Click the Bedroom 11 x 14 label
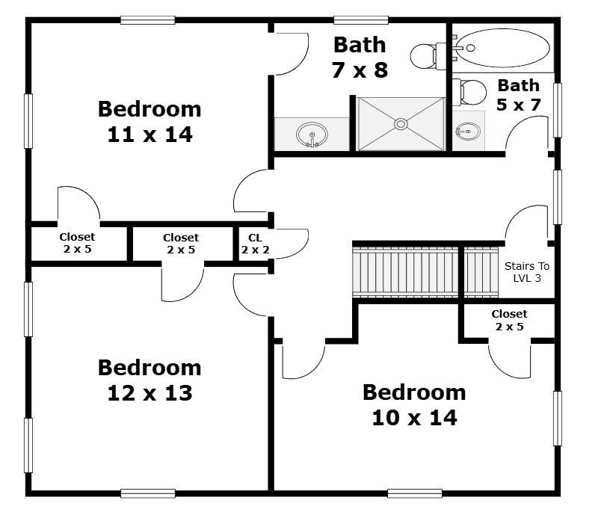pyautogui.click(x=150, y=122)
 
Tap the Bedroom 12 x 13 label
pyautogui.click(x=150, y=380)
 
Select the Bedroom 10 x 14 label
pyautogui.click(x=414, y=405)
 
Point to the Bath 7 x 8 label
pyautogui.click(x=360, y=58)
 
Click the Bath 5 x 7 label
pyautogui.click(x=519, y=95)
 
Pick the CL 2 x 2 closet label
pyautogui.click(x=255, y=244)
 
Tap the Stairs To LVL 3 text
pyautogui.click(x=527, y=272)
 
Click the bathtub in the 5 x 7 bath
pyautogui.click(x=503, y=48)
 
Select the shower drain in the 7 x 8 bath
pyautogui.click(x=401, y=124)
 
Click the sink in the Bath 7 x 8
pyautogui.click(x=312, y=135)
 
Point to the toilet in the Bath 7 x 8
pyautogui.click(x=428, y=56)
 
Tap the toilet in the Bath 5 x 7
pyautogui.click(x=469, y=92)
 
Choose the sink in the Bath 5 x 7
pyautogui.click(x=468, y=132)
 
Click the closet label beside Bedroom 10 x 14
pyautogui.click(x=509, y=320)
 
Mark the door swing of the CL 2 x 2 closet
pyautogui.click(x=292, y=244)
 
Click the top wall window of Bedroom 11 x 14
pyautogui.click(x=147, y=20)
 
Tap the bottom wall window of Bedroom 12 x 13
pyautogui.click(x=147, y=494)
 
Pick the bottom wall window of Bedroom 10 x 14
pyautogui.click(x=415, y=494)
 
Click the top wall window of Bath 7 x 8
pyautogui.click(x=361, y=20)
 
